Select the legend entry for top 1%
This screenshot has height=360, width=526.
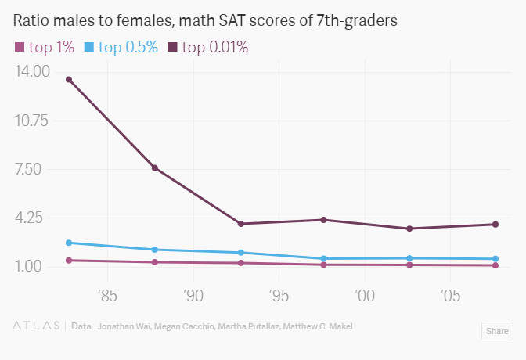point(45,48)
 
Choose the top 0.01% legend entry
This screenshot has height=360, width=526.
point(207,48)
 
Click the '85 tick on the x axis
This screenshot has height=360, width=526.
point(108,295)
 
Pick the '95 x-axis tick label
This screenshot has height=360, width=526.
point(279,295)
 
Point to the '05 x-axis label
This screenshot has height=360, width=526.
point(450,295)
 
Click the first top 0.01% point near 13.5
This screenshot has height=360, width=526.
point(69,79)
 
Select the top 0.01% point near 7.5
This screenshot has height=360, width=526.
point(155,168)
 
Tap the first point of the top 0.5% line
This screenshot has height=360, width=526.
point(69,243)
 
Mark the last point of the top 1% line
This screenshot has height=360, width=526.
point(495,265)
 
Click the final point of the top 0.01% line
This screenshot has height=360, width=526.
point(495,225)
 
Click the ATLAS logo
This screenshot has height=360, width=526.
point(37,326)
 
